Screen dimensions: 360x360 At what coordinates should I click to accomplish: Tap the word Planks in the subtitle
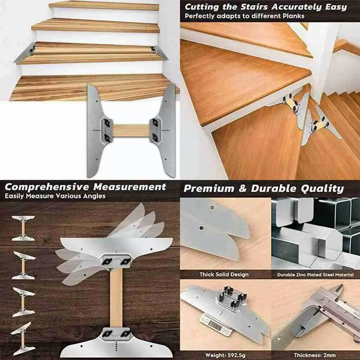[294, 16]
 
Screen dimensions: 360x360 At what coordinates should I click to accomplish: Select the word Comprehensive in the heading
[47, 187]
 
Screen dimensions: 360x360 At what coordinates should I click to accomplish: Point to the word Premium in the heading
[209, 189]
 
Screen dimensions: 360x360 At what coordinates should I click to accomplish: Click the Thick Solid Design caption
[224, 274]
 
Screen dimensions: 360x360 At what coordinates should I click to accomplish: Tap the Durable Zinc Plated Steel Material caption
[315, 275]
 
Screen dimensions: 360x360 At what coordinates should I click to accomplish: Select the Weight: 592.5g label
[225, 355]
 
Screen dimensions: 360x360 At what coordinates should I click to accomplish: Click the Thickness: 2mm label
[315, 355]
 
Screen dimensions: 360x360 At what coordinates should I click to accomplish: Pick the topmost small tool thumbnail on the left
[23, 228]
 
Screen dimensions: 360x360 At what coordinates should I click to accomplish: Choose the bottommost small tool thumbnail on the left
[23, 339]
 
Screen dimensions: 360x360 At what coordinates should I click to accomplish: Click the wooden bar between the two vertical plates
[131, 131]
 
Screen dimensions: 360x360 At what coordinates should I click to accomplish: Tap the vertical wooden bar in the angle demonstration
[116, 298]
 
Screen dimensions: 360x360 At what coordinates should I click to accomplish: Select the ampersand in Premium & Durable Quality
[242, 189]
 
